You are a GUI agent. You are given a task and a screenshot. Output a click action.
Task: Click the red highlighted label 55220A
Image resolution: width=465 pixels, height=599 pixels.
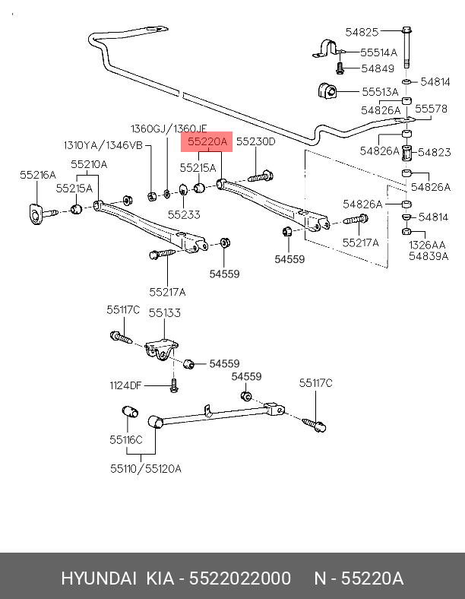pyautogui.click(x=203, y=141)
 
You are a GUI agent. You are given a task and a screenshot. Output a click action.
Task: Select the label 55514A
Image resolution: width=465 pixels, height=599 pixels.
pyautogui.click(x=378, y=52)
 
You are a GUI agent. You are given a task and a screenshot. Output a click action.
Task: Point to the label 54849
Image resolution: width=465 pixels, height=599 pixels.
pyautogui.click(x=378, y=68)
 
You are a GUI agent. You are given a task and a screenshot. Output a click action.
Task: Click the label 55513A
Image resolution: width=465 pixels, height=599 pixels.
pyautogui.click(x=380, y=92)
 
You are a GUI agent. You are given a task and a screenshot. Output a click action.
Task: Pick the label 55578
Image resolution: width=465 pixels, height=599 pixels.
pyautogui.click(x=431, y=109)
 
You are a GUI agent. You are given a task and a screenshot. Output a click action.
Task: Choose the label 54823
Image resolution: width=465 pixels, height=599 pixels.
pyautogui.click(x=435, y=152)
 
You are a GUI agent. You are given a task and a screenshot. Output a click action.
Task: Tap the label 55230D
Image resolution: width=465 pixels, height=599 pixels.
pyautogui.click(x=255, y=141)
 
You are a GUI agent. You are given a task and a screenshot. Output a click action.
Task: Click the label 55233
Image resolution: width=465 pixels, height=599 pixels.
pyautogui.click(x=184, y=215)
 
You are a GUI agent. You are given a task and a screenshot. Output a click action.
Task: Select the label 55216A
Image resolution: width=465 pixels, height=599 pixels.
pyautogui.click(x=38, y=175)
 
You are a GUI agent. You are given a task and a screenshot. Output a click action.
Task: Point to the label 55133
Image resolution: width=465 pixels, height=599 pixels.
pyautogui.click(x=164, y=312)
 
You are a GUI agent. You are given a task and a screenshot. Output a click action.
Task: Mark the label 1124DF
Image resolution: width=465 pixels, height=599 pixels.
pyautogui.click(x=125, y=385)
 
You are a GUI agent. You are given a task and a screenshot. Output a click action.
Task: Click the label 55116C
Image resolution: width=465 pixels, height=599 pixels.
pyautogui.click(x=125, y=439)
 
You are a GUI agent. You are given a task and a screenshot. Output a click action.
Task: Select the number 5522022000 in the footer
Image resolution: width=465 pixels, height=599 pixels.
pyautogui.click(x=240, y=579)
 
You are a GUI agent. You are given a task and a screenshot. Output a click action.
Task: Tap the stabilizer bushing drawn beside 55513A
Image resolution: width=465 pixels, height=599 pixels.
pyautogui.click(x=326, y=91)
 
